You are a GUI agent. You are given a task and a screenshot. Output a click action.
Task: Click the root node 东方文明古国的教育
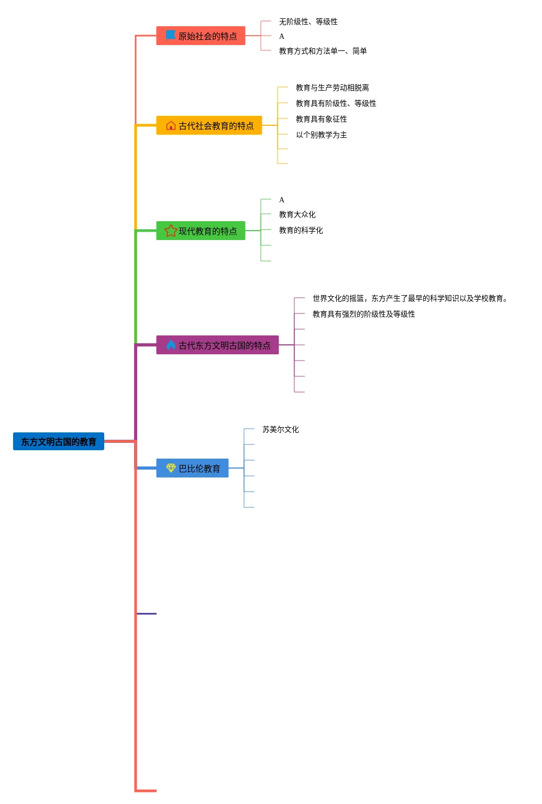59,441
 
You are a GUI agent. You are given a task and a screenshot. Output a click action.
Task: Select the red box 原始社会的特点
201,36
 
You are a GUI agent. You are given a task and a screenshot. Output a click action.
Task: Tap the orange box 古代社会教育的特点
209,125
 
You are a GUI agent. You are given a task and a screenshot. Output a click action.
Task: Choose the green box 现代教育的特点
201,231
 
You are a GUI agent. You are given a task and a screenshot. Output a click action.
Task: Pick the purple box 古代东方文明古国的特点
217,345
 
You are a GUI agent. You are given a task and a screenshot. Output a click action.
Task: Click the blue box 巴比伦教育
192,468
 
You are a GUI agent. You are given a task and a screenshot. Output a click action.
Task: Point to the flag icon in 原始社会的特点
171,35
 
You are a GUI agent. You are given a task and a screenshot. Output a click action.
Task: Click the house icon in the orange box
171,125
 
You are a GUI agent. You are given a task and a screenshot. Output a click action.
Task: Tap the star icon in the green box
171,231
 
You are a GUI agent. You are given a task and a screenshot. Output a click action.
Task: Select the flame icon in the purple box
171,345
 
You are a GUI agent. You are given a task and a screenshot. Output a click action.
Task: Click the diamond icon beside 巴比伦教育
171,468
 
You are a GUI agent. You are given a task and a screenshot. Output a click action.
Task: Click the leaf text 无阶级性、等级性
308,21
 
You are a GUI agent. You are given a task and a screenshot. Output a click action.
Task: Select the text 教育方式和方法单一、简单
323,51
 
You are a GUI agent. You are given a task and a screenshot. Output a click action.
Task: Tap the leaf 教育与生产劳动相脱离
332,88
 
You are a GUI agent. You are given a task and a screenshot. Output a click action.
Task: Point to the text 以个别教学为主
321,135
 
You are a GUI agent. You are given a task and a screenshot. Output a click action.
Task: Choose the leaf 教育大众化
297,214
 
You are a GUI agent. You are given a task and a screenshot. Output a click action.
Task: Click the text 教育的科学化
301,230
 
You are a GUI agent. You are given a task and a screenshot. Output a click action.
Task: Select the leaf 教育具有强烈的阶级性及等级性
363,314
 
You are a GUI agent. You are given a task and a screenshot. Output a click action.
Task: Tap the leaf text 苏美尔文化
280,429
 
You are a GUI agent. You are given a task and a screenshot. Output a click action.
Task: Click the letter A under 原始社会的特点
282,36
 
